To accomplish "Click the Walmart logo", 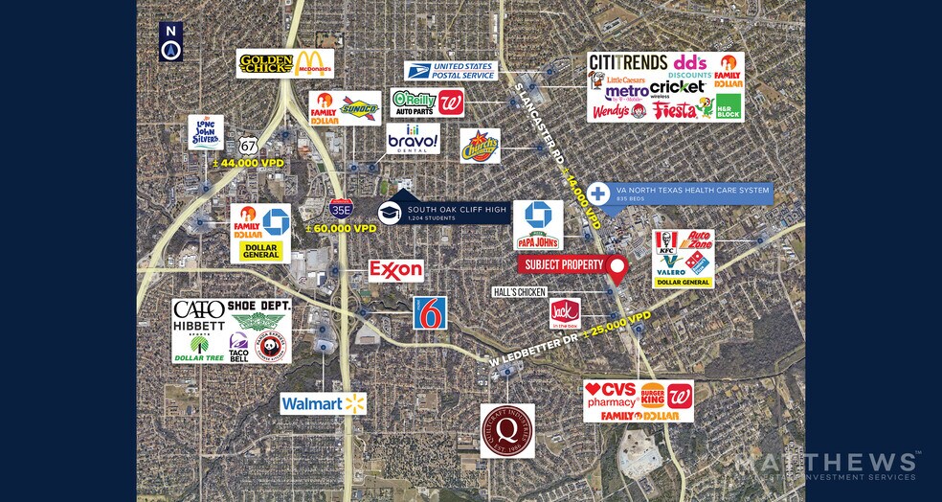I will [x=324, y=403].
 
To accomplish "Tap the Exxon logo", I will [x=396, y=270].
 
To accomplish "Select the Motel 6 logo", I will [x=430, y=312].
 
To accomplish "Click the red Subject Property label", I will [x=562, y=264].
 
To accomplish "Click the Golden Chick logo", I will [x=266, y=64].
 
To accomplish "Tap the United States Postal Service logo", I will [x=450, y=70].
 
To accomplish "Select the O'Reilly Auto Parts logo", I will [x=414, y=102].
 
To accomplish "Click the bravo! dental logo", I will [x=413, y=139].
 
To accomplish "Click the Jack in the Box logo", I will [x=565, y=313].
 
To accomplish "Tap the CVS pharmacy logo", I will [x=611, y=395].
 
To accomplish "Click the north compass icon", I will [x=171, y=42].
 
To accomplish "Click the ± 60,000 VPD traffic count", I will [x=341, y=229].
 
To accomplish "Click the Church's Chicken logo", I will [x=480, y=147].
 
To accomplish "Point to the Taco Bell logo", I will [x=238, y=348].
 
